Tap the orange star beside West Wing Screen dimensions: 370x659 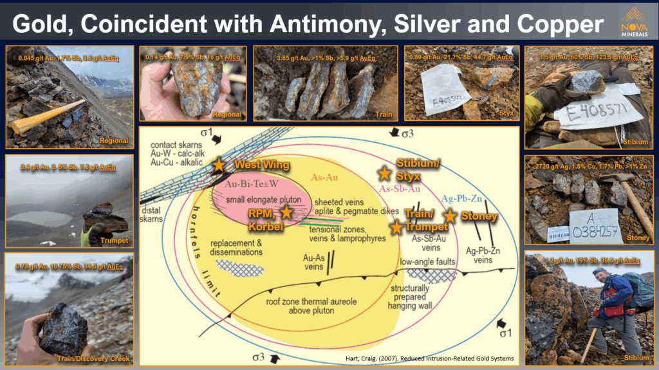pos(219,165)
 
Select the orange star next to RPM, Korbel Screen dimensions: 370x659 pos(286,211)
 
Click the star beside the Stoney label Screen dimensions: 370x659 pos(449,216)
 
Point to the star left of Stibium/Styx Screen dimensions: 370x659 pos(384,173)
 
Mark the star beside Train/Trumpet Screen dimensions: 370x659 pos(396,227)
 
